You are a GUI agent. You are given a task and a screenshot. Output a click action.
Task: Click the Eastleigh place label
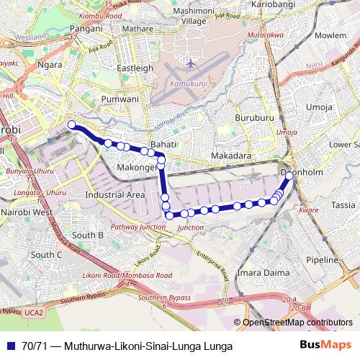(135, 68)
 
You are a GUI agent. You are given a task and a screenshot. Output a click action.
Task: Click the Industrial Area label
(114, 194)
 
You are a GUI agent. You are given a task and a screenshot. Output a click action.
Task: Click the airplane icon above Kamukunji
(190, 63)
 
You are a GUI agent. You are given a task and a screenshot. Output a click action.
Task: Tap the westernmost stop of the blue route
(71, 125)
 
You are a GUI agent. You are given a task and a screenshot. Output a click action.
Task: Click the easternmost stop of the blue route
(289, 175)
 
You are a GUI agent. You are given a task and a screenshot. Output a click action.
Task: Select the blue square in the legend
(12, 346)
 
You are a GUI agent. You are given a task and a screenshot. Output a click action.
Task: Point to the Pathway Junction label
(138, 227)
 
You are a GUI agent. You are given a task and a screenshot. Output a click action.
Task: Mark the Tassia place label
(343, 204)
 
